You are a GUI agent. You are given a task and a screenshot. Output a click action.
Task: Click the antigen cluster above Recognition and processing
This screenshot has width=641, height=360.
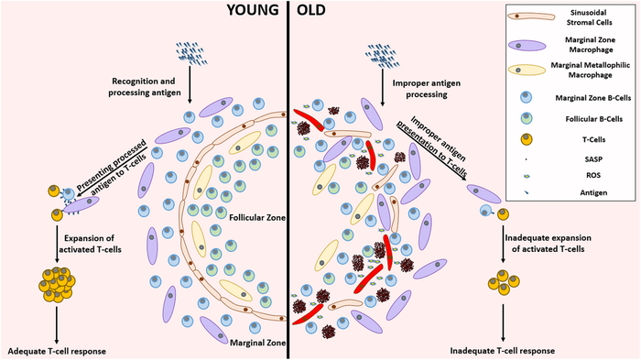[187, 54]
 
